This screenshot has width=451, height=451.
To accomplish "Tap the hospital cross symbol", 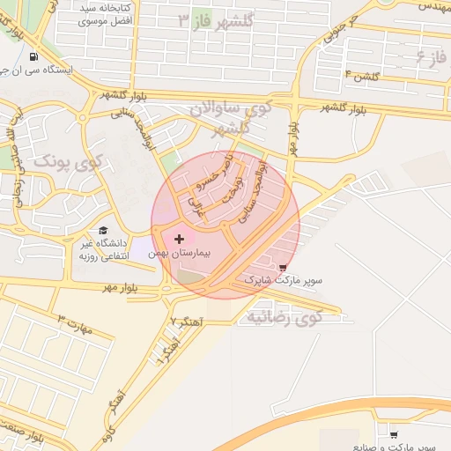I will point(180,239).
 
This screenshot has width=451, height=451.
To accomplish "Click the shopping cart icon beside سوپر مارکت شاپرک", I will point(282,267).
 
